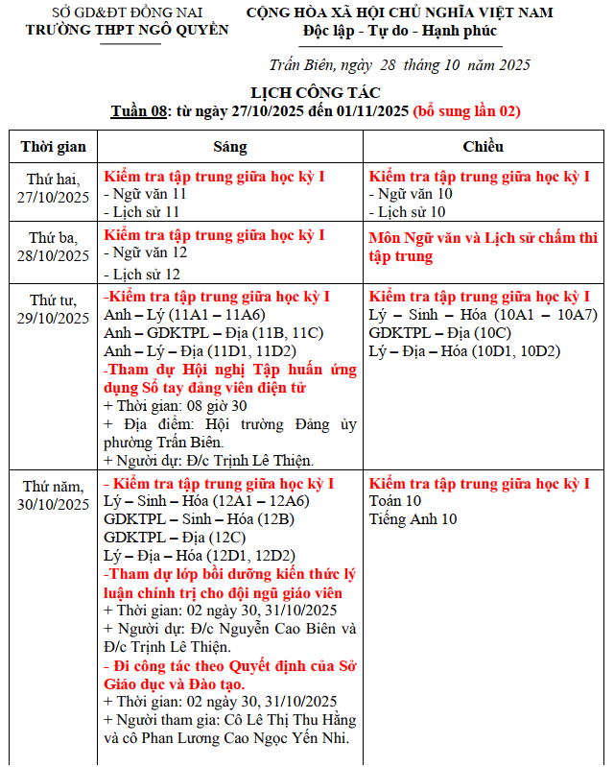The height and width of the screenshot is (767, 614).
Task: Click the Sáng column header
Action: pyautogui.click(x=229, y=147)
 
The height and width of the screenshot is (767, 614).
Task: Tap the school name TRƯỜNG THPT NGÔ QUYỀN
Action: pyautogui.click(x=128, y=30)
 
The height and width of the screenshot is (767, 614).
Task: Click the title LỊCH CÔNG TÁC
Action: pyautogui.click(x=315, y=92)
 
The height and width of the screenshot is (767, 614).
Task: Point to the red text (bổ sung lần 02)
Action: pyautogui.click(x=466, y=110)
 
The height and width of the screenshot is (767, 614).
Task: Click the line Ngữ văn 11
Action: pyautogui.click(x=148, y=194)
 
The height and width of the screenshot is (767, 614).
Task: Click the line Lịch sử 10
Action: pyautogui.click(x=411, y=211)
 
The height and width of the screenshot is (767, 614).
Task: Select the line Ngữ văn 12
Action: pyautogui.click(x=148, y=252)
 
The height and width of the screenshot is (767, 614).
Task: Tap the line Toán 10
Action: pyautogui.click(x=395, y=501)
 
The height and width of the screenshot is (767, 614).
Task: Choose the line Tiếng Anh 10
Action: pyautogui.click(x=413, y=519)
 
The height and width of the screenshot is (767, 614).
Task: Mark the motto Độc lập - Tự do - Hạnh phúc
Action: pyautogui.click(x=400, y=30)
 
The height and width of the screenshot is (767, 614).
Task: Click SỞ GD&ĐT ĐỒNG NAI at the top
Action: pyautogui.click(x=127, y=12)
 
